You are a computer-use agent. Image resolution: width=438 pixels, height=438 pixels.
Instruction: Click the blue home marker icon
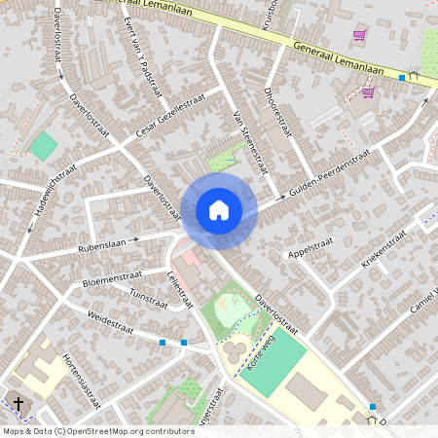point(219,210)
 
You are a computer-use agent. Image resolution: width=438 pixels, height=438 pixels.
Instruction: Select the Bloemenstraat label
point(111,278)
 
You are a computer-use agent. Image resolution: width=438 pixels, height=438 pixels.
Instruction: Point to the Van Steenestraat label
point(249,135)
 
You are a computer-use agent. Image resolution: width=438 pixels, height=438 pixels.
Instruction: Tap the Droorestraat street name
point(277,114)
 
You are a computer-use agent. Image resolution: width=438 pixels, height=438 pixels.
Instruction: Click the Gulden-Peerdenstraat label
point(329,174)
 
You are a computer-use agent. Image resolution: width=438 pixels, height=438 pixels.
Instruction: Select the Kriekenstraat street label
point(376,251)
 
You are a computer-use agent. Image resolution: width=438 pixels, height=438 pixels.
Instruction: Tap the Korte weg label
point(257,347)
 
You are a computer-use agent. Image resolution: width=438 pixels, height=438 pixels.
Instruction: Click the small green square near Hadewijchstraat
point(44,147)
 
